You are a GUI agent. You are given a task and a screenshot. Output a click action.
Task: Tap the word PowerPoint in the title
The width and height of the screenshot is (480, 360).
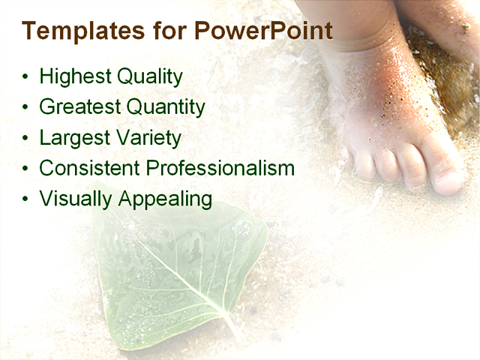pyautogui.click(x=263, y=31)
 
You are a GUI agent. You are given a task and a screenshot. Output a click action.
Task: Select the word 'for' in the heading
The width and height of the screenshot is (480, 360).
pyautogui.click(x=171, y=31)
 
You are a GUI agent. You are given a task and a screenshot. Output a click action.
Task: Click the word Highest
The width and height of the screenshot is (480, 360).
pyautogui.click(x=72, y=76)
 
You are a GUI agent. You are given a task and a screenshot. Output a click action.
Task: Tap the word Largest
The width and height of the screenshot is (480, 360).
pyautogui.click(x=72, y=138)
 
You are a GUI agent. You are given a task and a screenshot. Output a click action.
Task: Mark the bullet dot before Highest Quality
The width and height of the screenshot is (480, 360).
pyautogui.click(x=27, y=77)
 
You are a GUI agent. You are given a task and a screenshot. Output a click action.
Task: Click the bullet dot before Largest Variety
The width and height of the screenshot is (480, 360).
pyautogui.click(x=27, y=138)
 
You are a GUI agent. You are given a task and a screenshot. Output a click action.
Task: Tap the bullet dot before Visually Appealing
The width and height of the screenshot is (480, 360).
pyautogui.click(x=27, y=199)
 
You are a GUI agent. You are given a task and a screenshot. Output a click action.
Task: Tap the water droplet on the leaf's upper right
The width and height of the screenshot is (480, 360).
pyautogui.click(x=241, y=228)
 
